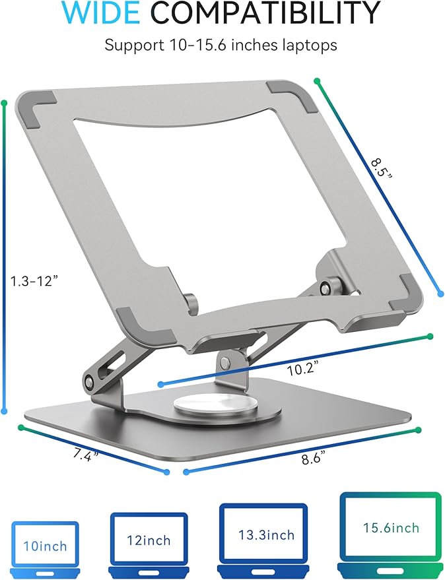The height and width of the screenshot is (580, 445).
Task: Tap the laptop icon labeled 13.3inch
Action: pos(263,535)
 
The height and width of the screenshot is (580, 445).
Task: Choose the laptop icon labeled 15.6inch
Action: pos(390,530)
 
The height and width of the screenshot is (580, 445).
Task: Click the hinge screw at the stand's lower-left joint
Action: pos(89,381)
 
